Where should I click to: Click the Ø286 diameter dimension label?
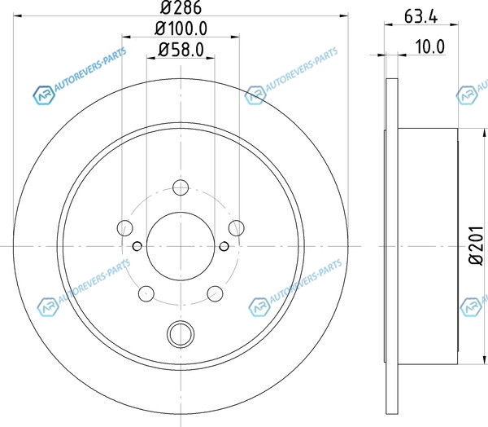coord(181,7)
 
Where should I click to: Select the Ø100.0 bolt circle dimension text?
coord(181,29)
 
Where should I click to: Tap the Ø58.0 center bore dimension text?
coord(181,49)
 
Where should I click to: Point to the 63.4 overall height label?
coord(420,16)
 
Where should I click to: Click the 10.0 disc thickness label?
coord(430,46)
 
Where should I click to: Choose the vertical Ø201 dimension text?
coord(477,246)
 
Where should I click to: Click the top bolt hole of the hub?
coord(181,187)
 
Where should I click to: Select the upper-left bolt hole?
coord(125,227)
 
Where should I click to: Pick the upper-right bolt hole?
coord(236,227)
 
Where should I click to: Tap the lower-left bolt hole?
coord(146,293)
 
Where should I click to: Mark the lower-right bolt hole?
coord(215,293)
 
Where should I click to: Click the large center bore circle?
coord(181,212)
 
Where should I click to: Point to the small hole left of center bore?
coord(137,246)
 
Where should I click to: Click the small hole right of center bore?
coord(224,246)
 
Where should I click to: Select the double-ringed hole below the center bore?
coord(181,334)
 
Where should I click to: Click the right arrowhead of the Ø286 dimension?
coord(343,15)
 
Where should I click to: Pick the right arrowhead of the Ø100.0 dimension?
coord(235,37)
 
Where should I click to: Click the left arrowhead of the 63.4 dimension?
coord(390,24)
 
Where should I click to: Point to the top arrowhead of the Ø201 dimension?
coord(484,133)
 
